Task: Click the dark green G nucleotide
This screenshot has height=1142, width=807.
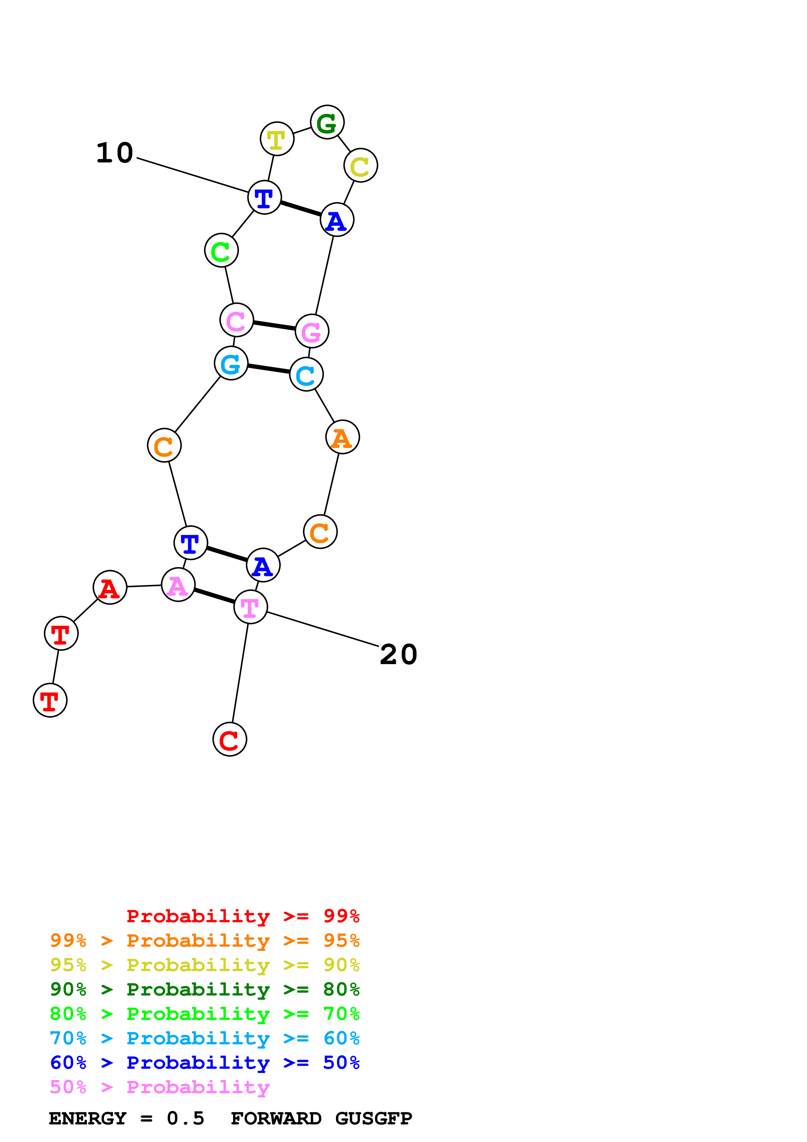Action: pos(327,122)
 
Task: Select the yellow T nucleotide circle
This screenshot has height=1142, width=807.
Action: pos(277,139)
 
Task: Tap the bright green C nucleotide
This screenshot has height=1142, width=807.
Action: pos(221,250)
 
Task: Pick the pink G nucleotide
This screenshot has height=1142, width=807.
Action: pos(312,331)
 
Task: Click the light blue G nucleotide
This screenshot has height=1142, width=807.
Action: pos(231,364)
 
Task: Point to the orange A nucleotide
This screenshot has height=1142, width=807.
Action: pos(342,437)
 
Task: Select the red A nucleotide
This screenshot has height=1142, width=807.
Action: pos(110,587)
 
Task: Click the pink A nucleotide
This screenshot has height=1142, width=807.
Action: pos(178,585)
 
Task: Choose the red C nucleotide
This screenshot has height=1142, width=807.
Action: pos(230,740)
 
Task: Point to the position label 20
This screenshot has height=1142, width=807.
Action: pos(398,655)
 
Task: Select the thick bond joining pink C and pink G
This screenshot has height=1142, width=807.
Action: pos(274,326)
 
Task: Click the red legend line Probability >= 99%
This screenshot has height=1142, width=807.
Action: pos(243,916)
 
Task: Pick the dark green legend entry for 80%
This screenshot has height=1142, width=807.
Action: pos(205,990)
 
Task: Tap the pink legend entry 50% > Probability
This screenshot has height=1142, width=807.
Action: pos(160,1088)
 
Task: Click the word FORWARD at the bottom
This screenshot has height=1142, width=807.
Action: pos(276,1119)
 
